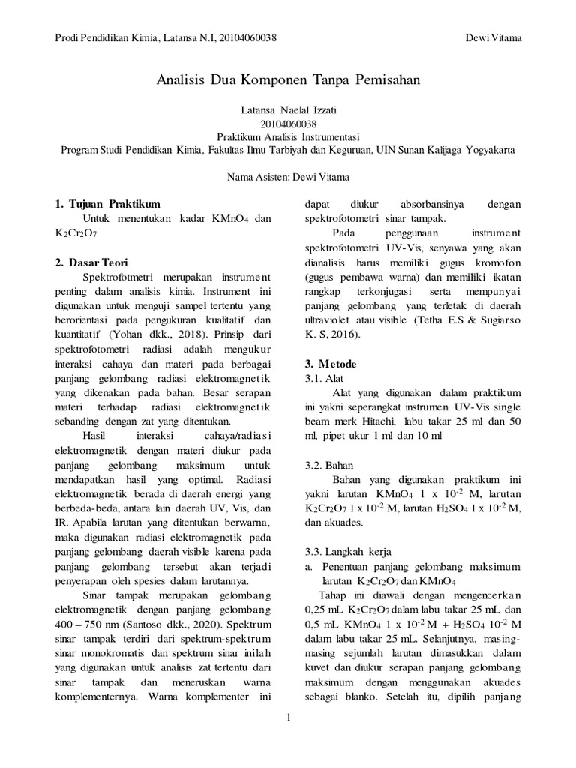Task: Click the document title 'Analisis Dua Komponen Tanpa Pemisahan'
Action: (x=287, y=79)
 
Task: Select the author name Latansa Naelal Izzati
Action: (x=287, y=110)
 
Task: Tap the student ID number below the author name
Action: (x=287, y=124)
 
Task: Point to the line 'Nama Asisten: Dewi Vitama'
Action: (x=287, y=177)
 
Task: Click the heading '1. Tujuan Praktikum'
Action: (x=107, y=204)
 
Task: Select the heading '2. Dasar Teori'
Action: (x=92, y=262)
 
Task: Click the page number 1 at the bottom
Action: (x=288, y=718)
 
